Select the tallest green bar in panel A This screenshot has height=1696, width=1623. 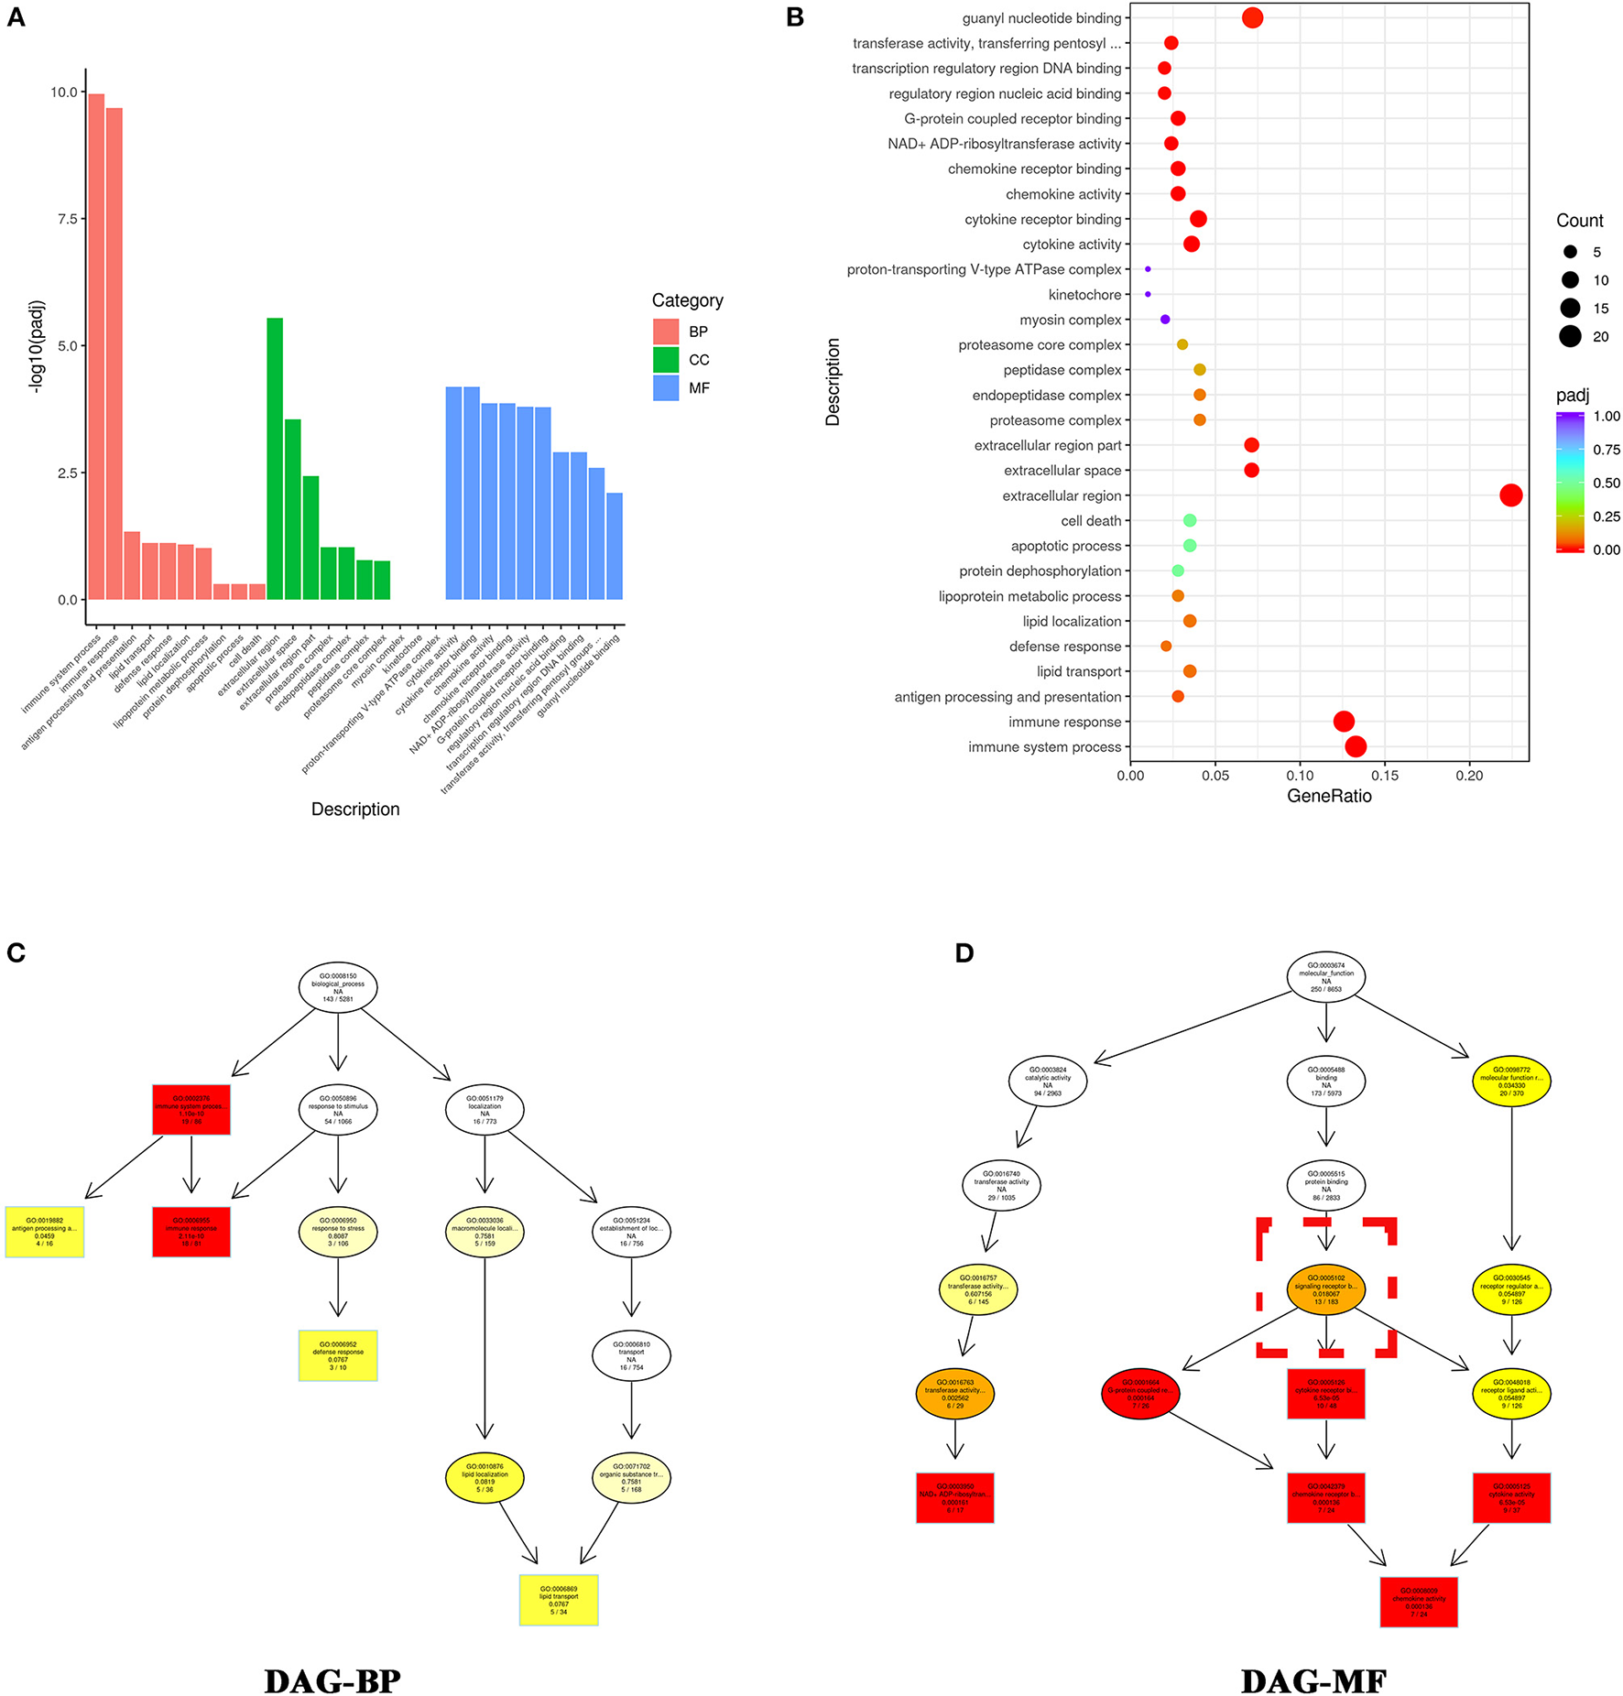coord(275,458)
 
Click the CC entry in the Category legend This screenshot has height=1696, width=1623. coord(666,360)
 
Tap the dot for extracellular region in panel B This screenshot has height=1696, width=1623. coord(1510,495)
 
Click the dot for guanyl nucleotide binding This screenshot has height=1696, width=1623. coord(1252,17)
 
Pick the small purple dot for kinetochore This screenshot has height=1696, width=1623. coord(1148,294)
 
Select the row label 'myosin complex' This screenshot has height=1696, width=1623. coord(1070,320)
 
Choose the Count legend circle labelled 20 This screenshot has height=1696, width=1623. coord(1570,336)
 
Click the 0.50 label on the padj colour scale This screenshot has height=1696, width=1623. coord(1606,483)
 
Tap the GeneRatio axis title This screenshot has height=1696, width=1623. coord(1329,796)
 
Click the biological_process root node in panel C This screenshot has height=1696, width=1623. coord(338,987)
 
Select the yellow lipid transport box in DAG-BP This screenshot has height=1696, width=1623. coord(559,1600)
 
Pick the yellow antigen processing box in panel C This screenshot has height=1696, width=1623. coord(45,1232)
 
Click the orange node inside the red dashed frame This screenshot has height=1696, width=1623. coord(1325,1289)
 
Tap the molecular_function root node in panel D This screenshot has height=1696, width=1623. coord(1325,977)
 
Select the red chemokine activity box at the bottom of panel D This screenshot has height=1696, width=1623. coord(1418,1602)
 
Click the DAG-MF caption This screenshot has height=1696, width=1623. coord(1313,1681)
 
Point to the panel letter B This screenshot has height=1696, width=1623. coord(795,17)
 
